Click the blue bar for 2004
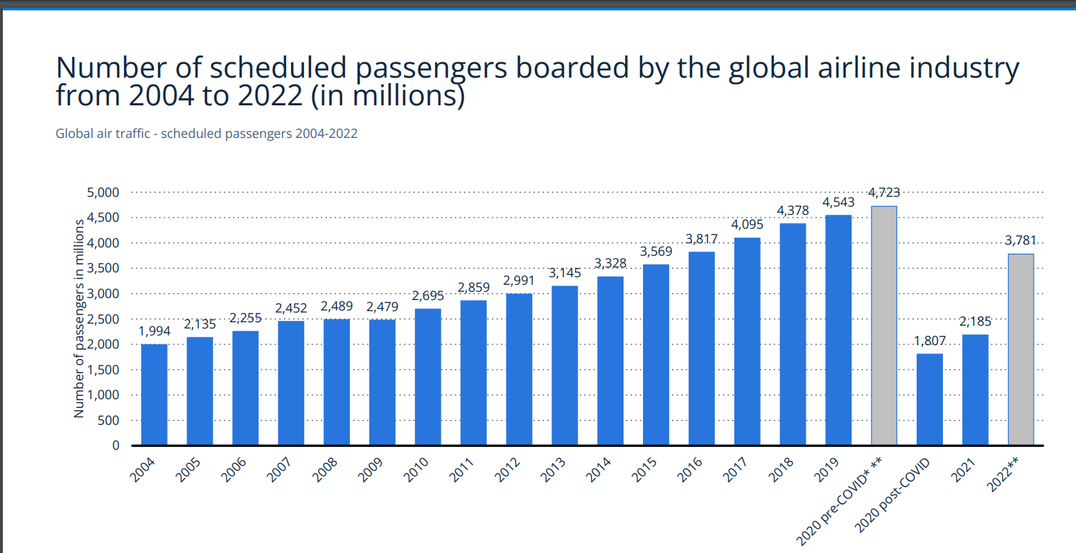click(x=154, y=394)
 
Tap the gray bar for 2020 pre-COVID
click(x=883, y=326)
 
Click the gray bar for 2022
click(x=1021, y=349)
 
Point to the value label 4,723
click(x=883, y=193)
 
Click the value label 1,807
click(x=929, y=341)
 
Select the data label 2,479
click(x=382, y=306)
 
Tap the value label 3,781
click(x=1021, y=240)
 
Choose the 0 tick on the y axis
click(x=116, y=446)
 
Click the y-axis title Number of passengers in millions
click(x=79, y=319)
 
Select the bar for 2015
click(x=655, y=354)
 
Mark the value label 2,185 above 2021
click(x=975, y=322)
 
